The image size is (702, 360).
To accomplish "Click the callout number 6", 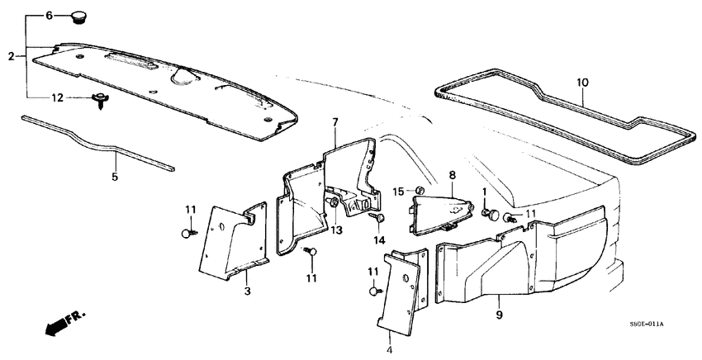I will [48, 16].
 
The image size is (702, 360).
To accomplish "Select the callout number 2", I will [12, 56].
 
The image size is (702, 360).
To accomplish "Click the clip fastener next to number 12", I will [100, 101].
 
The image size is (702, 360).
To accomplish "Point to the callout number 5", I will [115, 176].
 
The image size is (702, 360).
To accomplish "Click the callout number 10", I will [581, 83].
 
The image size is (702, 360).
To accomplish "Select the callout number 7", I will [335, 123].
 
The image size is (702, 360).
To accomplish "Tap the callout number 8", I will [452, 175].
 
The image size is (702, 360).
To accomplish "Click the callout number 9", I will [498, 313].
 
